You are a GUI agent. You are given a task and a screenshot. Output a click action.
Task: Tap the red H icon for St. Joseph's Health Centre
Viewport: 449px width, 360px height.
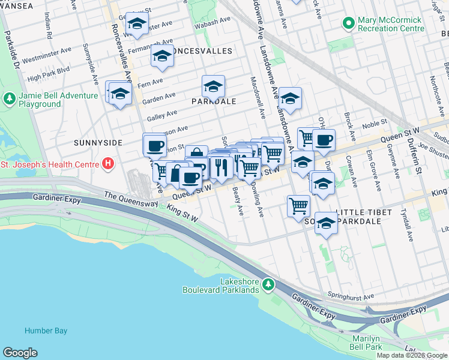(107, 163)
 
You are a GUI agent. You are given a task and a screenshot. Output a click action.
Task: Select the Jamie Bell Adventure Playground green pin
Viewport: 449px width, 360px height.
(9, 97)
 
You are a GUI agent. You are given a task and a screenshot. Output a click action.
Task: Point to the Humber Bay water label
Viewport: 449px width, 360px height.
(46, 331)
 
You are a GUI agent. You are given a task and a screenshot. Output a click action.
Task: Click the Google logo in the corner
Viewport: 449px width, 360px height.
(20, 353)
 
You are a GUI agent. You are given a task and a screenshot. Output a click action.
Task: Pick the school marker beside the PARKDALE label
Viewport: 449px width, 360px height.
(213, 86)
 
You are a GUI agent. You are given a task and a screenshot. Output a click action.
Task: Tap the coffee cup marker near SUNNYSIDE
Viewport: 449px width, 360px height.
(155, 145)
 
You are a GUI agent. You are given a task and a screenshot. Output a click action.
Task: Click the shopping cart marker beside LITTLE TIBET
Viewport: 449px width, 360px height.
(298, 206)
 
